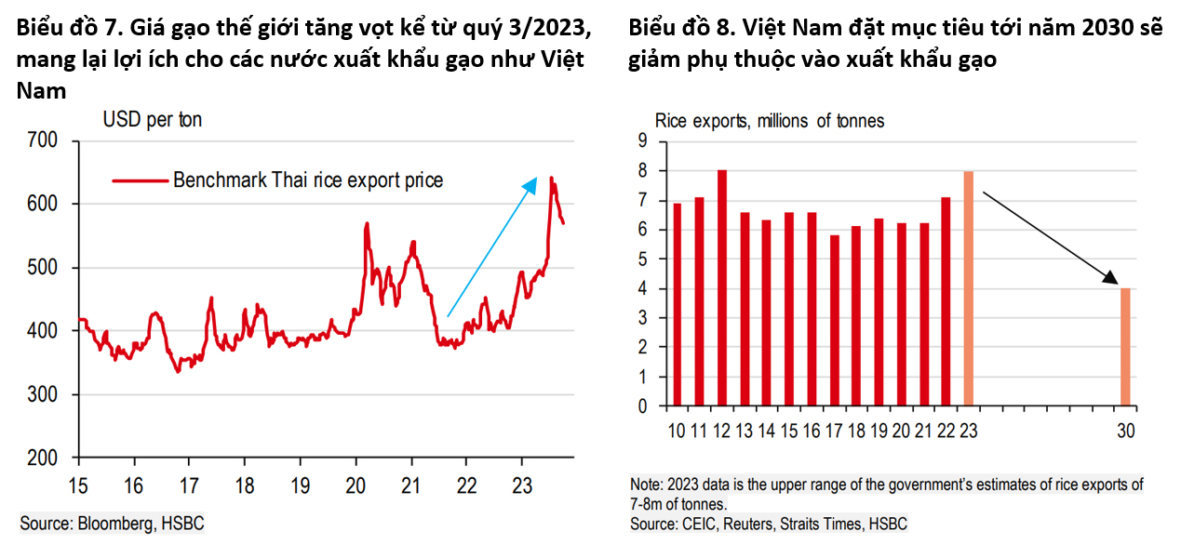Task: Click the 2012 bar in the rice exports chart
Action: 721,288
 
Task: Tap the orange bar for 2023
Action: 968,288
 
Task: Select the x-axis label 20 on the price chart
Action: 355,485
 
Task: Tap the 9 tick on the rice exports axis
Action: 640,141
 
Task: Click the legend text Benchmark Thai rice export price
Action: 308,180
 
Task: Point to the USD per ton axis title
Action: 152,120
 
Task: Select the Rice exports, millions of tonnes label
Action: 770,120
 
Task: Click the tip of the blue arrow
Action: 536,179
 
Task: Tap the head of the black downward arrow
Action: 1113,281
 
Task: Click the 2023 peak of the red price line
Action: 552,178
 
